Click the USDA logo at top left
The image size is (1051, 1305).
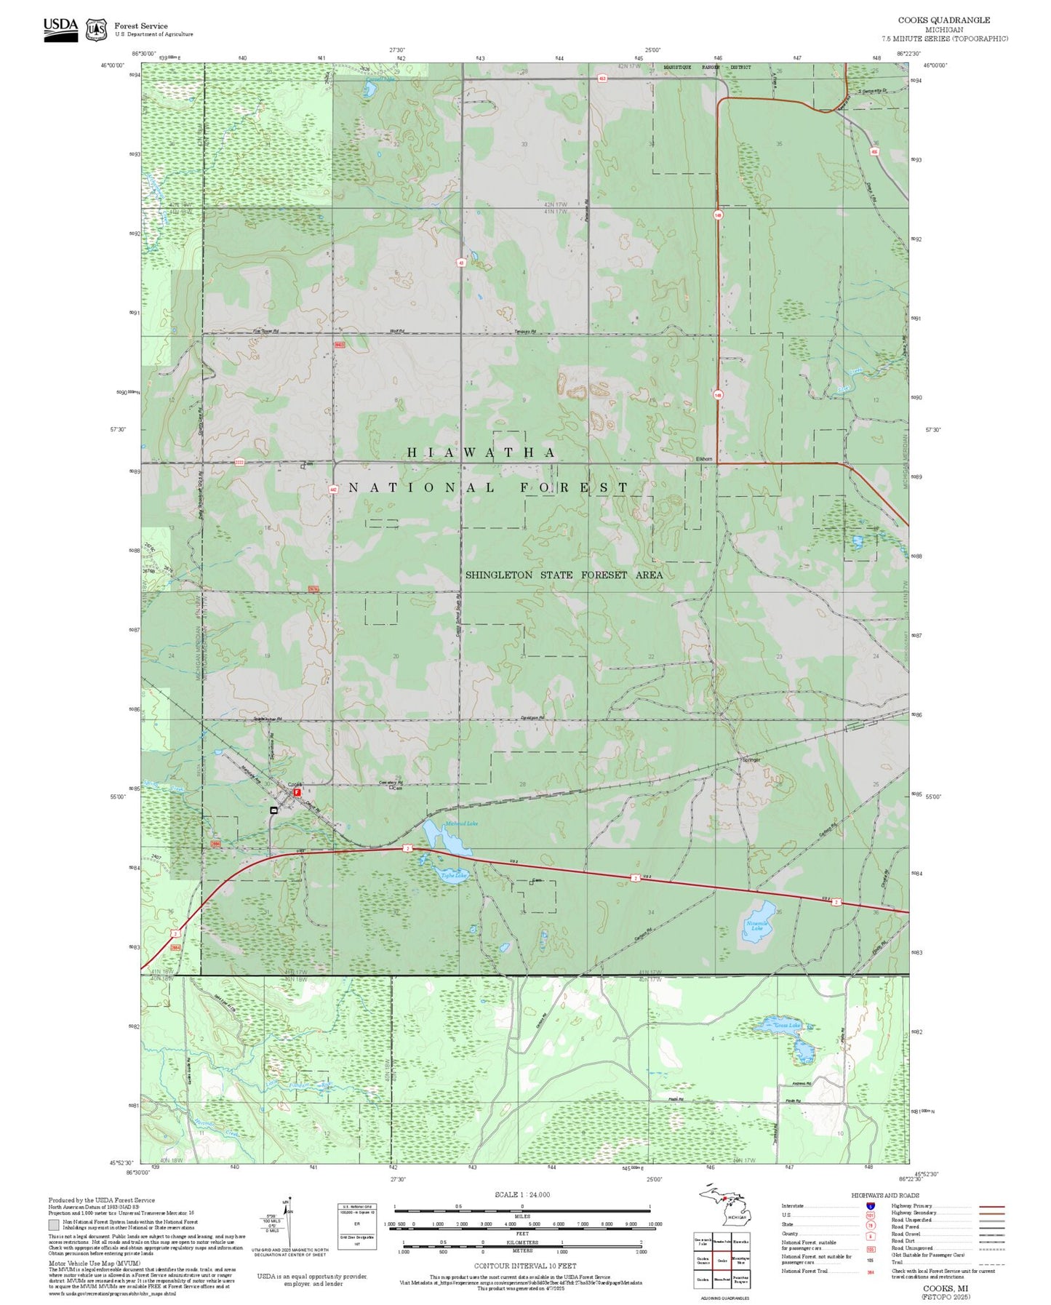click(x=60, y=26)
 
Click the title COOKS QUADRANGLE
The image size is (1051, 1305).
click(x=954, y=20)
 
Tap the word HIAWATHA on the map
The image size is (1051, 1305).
click(x=481, y=452)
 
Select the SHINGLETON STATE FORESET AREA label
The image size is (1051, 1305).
click(x=564, y=575)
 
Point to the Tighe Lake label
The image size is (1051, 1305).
click(x=453, y=876)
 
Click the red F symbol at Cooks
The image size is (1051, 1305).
click(x=297, y=792)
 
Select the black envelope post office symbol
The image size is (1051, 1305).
click(x=274, y=810)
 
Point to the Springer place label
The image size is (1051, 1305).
click(x=751, y=760)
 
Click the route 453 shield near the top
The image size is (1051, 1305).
click(x=602, y=79)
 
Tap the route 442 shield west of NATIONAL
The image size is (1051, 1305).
click(x=332, y=490)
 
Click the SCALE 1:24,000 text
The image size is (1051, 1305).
click(x=521, y=1194)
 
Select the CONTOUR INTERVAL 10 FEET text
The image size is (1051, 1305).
click(x=524, y=1266)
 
